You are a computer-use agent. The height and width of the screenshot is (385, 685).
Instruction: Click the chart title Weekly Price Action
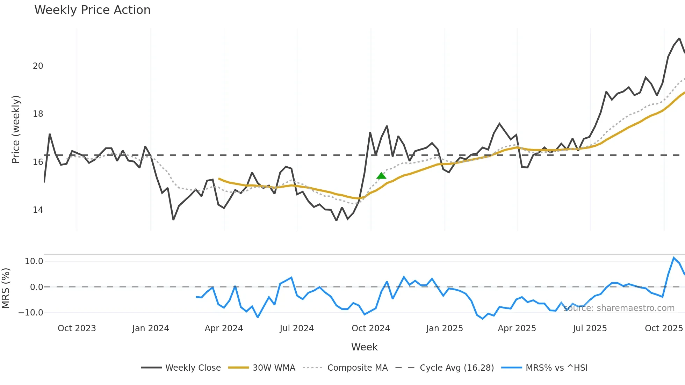[92, 10]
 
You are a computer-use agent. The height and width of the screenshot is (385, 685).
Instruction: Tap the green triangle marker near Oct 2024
[381, 176]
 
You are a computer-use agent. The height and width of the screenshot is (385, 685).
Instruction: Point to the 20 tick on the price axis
[38, 66]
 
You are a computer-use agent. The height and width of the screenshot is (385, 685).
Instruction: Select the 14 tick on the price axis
[38, 210]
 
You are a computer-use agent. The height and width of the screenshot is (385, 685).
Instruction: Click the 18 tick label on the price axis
[38, 114]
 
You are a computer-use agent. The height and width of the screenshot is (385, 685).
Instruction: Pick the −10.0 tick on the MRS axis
[31, 313]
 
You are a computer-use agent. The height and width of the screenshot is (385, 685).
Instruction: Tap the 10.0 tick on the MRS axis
[34, 261]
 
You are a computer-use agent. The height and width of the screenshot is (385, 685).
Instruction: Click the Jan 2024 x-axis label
[151, 328]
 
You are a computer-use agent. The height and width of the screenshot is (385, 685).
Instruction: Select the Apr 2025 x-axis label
[517, 328]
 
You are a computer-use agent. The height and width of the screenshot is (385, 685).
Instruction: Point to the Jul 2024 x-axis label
[297, 328]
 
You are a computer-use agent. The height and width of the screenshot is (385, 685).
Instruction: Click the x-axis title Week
[364, 347]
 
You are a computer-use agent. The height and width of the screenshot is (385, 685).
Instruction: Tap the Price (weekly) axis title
[16, 129]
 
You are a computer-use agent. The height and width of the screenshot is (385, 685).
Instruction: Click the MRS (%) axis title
[6, 288]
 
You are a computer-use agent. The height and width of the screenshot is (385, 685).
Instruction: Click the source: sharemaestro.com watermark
[619, 308]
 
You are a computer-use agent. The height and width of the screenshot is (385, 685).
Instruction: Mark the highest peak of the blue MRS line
[673, 258]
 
